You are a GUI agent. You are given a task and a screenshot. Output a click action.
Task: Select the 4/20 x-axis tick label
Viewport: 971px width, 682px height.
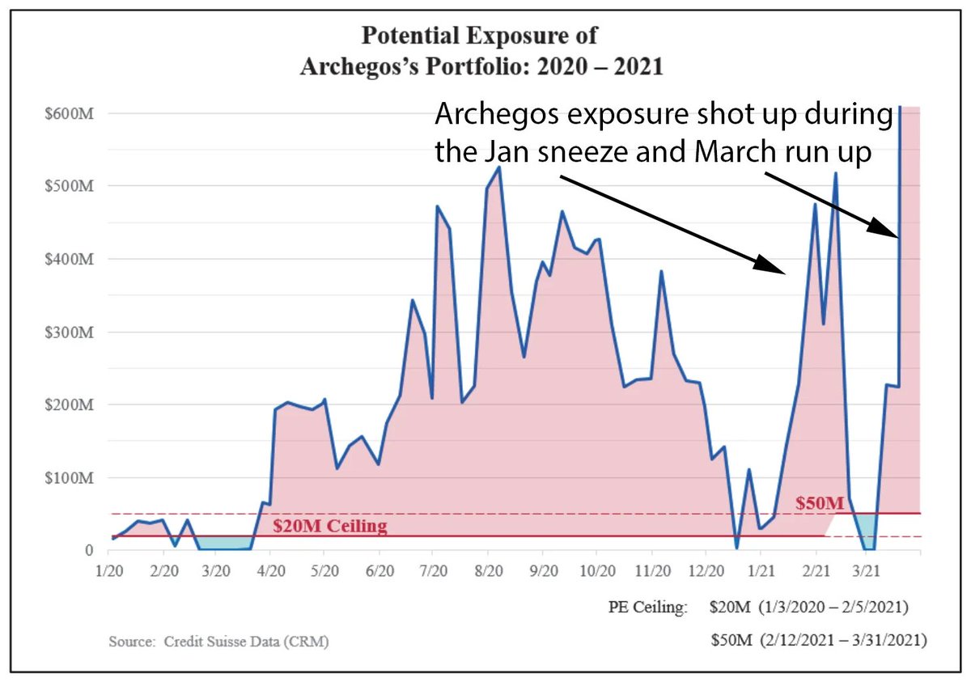click(x=270, y=571)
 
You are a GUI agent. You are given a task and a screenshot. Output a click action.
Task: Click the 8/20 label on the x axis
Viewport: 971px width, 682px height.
click(x=487, y=571)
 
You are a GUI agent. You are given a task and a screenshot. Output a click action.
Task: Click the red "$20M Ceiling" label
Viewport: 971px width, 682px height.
click(x=329, y=527)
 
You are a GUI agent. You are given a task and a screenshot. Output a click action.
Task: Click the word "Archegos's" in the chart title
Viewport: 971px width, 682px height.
click(x=358, y=66)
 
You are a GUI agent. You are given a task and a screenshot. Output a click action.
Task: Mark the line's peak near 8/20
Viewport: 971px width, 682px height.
click(x=499, y=167)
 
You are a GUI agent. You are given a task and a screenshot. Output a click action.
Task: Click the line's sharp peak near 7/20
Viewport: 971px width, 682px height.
click(x=438, y=206)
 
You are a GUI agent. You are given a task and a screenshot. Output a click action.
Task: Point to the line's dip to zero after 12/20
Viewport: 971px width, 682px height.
click(x=736, y=548)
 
